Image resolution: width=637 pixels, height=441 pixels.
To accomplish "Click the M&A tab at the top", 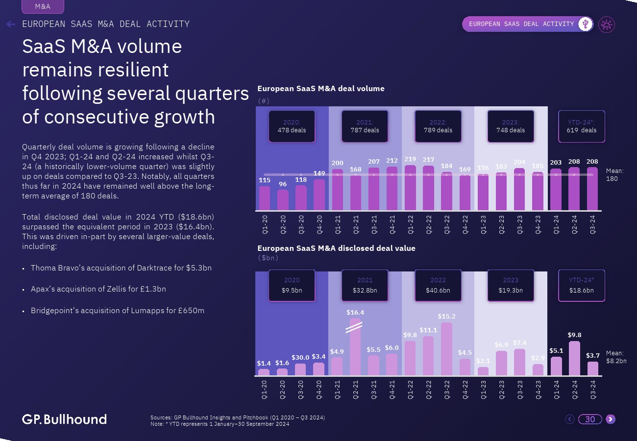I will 43,6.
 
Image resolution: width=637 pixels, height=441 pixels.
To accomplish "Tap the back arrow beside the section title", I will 11,24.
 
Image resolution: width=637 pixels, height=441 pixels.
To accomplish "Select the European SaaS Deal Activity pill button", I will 521,24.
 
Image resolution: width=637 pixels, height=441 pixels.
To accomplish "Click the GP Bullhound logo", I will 64,419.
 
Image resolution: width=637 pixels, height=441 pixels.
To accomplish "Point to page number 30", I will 590,419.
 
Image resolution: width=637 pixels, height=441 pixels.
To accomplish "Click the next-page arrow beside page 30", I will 610,419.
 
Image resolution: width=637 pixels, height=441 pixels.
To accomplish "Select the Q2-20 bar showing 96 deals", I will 283,200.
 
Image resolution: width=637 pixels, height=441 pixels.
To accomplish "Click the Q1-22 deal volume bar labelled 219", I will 411,188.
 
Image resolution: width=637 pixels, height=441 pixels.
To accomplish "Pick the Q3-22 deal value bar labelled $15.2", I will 447,349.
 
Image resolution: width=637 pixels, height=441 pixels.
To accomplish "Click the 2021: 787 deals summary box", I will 365,126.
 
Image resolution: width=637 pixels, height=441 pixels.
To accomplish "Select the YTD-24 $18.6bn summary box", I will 582,286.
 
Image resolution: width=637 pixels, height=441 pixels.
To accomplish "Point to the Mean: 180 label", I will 614,175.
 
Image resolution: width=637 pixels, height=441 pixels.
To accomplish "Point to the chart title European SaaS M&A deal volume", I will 321,89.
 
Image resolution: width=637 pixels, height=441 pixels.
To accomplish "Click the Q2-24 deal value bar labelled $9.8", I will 575,358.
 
